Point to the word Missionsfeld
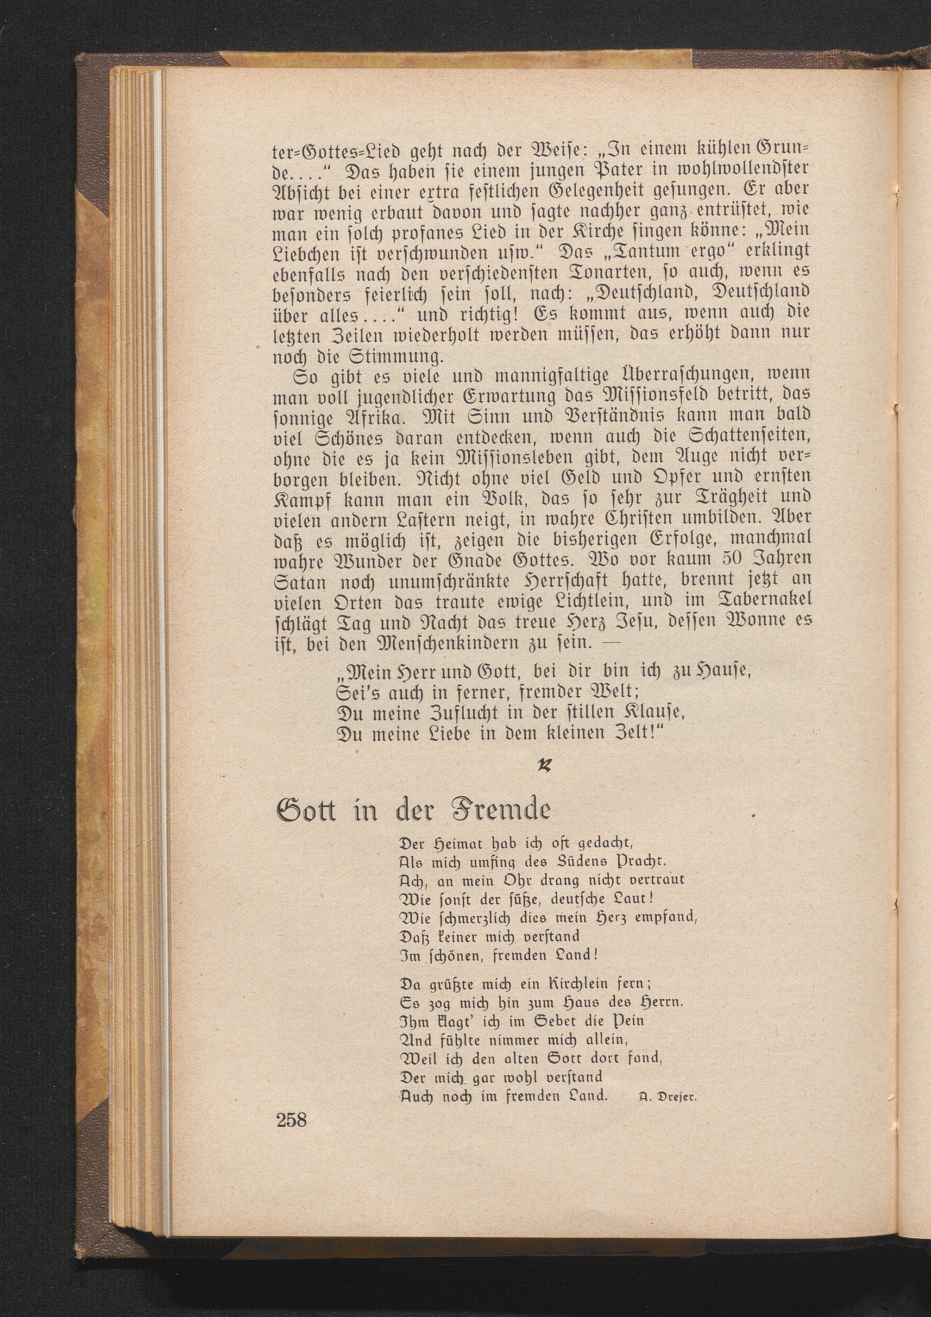[x=603, y=395]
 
